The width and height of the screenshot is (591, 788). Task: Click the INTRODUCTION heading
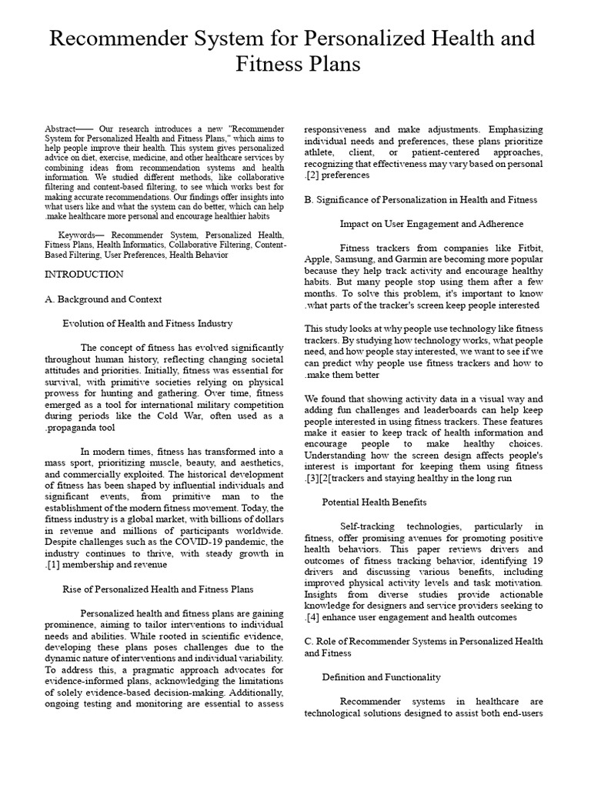83,274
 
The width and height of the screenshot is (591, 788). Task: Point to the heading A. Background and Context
103,299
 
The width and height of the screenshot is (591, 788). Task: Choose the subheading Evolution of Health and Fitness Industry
147,323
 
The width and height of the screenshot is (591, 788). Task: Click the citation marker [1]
53,564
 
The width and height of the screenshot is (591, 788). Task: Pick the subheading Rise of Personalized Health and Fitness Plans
158,589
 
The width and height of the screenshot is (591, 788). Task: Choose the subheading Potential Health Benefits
374,502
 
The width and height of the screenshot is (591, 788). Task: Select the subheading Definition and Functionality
381,677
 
